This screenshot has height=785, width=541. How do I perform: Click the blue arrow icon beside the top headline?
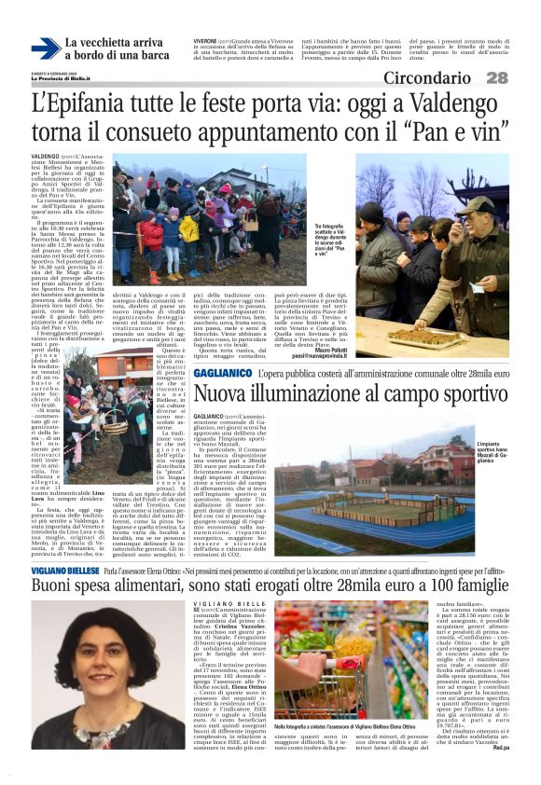click(44, 48)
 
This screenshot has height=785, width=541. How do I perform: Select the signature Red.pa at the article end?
click(500, 774)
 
